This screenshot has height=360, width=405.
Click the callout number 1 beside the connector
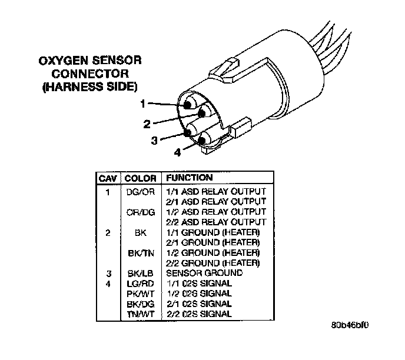pyautogui.click(x=143, y=104)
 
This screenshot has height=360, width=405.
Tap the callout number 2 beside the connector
pyautogui.click(x=147, y=124)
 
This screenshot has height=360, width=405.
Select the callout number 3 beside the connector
pyautogui.click(x=154, y=140)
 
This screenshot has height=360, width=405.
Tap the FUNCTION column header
pyautogui.click(x=190, y=177)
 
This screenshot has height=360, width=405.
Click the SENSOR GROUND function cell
pyautogui.click(x=204, y=274)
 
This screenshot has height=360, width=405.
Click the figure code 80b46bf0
pyautogui.click(x=353, y=324)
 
